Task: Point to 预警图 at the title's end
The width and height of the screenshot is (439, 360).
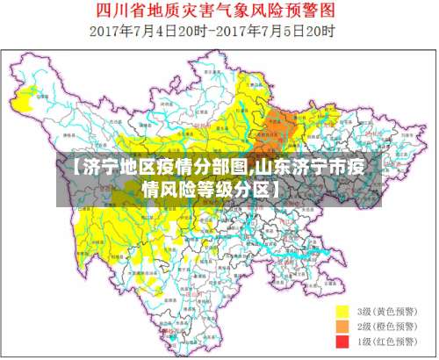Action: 313,11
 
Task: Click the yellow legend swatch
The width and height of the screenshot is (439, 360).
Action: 343,312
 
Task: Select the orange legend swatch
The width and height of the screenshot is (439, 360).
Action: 343,326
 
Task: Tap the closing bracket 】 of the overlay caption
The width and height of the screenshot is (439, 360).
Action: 277,189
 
